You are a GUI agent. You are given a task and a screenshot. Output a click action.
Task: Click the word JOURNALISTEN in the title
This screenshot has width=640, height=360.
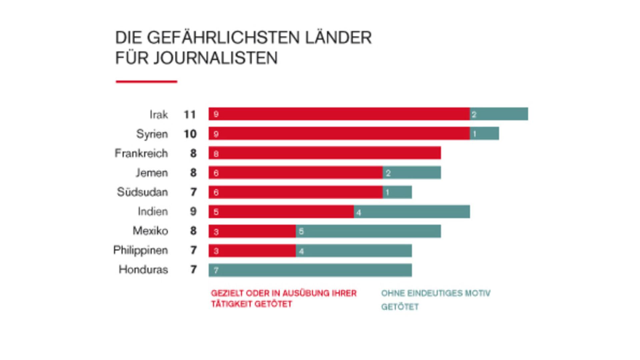point(215,58)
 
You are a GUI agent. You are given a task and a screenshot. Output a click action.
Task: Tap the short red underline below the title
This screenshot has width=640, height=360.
point(146,81)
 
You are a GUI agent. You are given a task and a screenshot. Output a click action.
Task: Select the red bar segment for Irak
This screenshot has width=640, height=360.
point(339,114)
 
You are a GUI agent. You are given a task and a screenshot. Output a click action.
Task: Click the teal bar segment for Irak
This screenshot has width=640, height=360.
point(499,114)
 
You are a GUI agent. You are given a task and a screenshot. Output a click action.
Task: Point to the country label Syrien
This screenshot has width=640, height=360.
point(152,134)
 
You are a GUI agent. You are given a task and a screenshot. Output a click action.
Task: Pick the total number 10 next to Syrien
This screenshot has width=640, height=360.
point(190,134)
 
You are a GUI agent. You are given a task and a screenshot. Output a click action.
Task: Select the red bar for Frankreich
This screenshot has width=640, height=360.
point(325,153)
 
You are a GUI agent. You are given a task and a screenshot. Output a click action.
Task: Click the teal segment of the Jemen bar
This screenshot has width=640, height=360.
point(412,173)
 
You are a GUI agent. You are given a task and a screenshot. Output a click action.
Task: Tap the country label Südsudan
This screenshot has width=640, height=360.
point(142,192)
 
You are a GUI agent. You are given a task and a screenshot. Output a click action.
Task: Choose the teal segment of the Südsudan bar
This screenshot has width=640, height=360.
point(397,192)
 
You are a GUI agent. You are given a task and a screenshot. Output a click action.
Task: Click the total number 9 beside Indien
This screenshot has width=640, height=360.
point(193,211)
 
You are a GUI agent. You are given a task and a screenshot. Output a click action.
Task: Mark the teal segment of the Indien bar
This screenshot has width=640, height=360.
point(412,212)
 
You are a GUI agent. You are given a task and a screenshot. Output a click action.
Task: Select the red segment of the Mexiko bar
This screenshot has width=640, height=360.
point(252,231)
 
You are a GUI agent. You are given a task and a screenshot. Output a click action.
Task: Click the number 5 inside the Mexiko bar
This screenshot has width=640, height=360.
point(301,231)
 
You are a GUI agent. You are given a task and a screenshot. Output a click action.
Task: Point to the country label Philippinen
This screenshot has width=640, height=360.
point(140,250)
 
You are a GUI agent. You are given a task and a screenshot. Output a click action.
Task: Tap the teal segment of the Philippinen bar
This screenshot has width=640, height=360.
point(354,251)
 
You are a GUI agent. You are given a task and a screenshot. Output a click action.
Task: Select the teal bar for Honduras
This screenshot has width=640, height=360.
point(310,270)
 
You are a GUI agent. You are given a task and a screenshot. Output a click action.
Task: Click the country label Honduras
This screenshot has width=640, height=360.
point(143,269)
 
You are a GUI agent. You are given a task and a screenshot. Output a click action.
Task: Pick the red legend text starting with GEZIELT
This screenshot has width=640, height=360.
point(283,298)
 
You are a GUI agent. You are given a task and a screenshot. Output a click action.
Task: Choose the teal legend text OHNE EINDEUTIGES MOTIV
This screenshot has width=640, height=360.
point(436,293)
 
